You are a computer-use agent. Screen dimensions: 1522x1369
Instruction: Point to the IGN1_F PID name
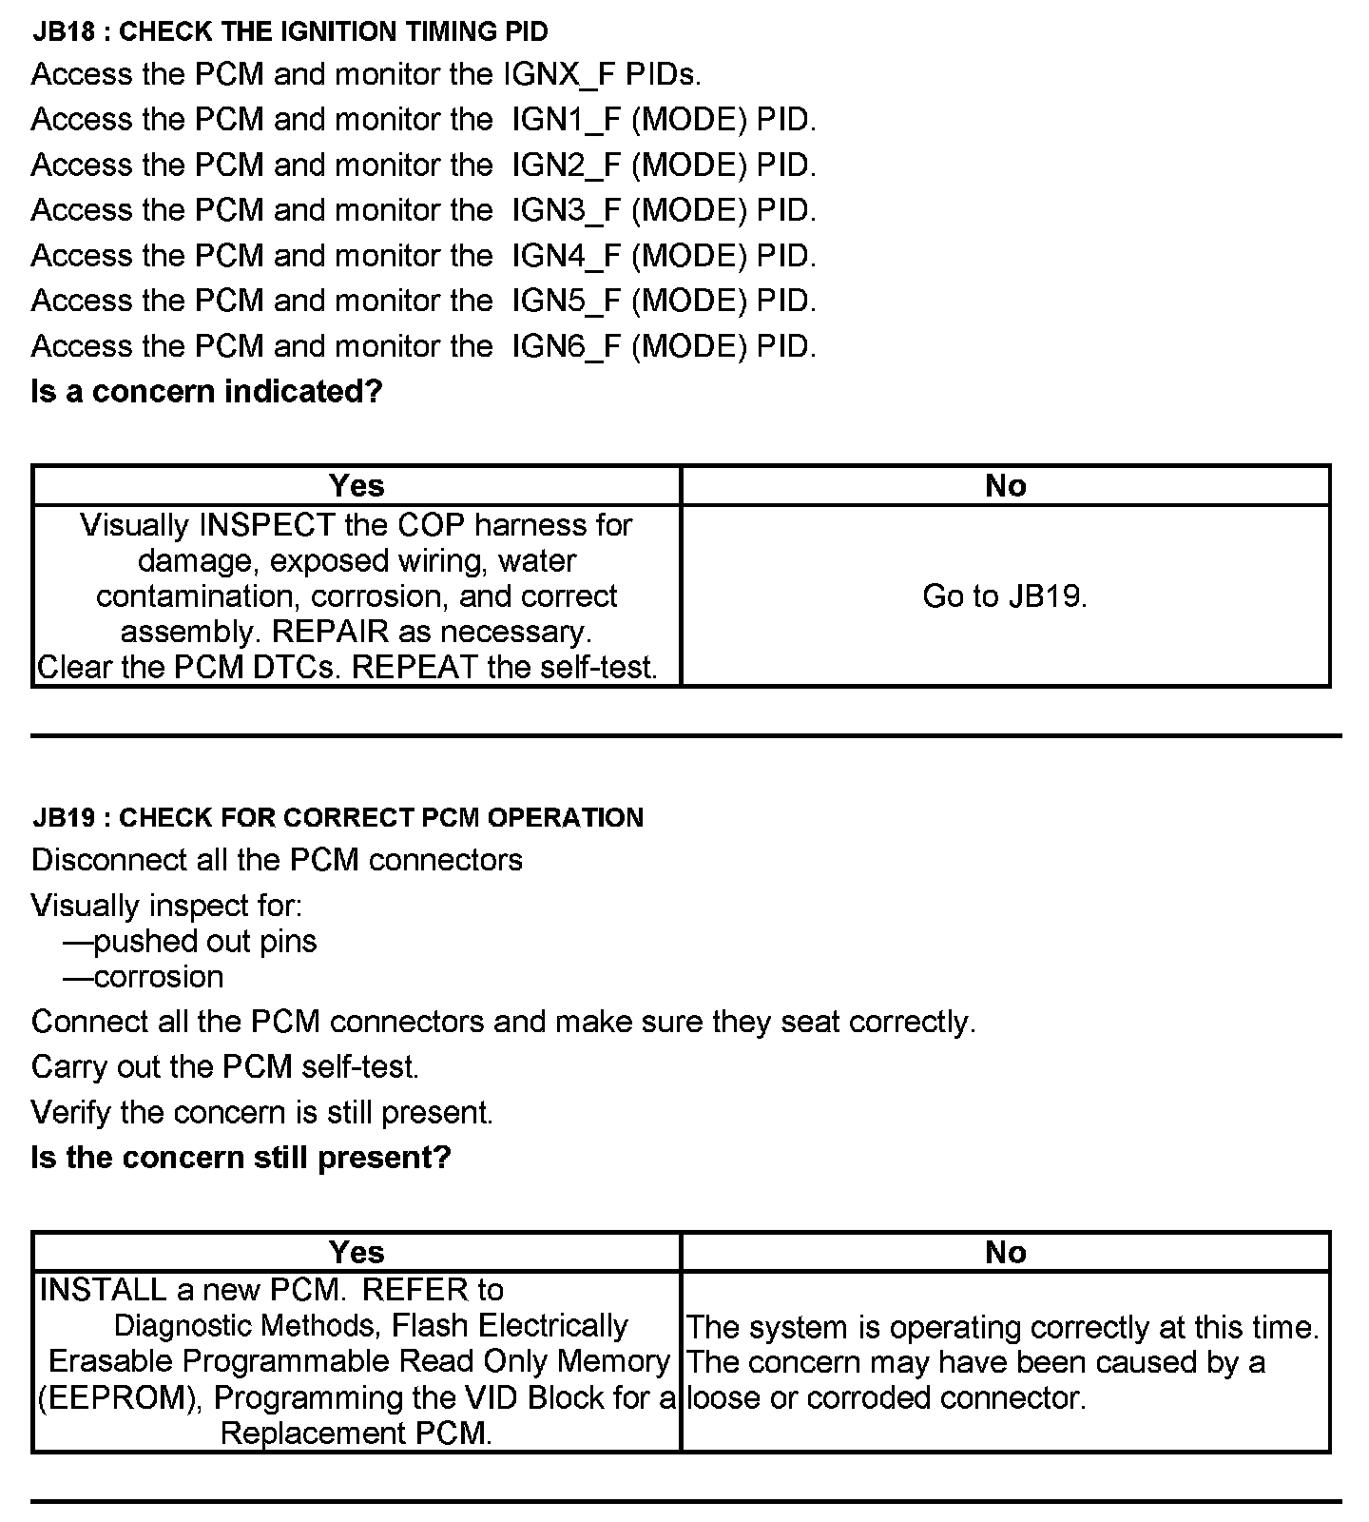pyautogui.click(x=566, y=120)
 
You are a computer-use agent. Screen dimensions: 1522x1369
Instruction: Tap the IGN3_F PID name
pyautogui.click(x=566, y=210)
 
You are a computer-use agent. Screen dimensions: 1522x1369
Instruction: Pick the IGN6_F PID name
pyautogui.click(x=566, y=346)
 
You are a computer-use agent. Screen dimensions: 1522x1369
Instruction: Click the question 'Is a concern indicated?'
pyautogui.click(x=206, y=391)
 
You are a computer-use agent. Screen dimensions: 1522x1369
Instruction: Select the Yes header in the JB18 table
pyautogui.click(x=357, y=485)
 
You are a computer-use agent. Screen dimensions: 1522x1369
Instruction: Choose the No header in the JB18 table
pyautogui.click(x=1006, y=485)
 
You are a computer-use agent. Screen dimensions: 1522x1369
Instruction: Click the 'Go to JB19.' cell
pyautogui.click(x=1005, y=596)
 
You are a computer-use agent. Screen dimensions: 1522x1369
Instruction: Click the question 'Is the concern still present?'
pyautogui.click(x=241, y=1158)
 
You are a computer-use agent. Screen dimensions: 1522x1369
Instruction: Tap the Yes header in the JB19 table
pyautogui.click(x=357, y=1252)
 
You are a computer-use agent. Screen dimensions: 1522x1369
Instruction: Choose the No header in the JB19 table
pyautogui.click(x=1006, y=1252)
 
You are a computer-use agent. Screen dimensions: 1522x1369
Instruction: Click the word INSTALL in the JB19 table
pyautogui.click(x=104, y=1290)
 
